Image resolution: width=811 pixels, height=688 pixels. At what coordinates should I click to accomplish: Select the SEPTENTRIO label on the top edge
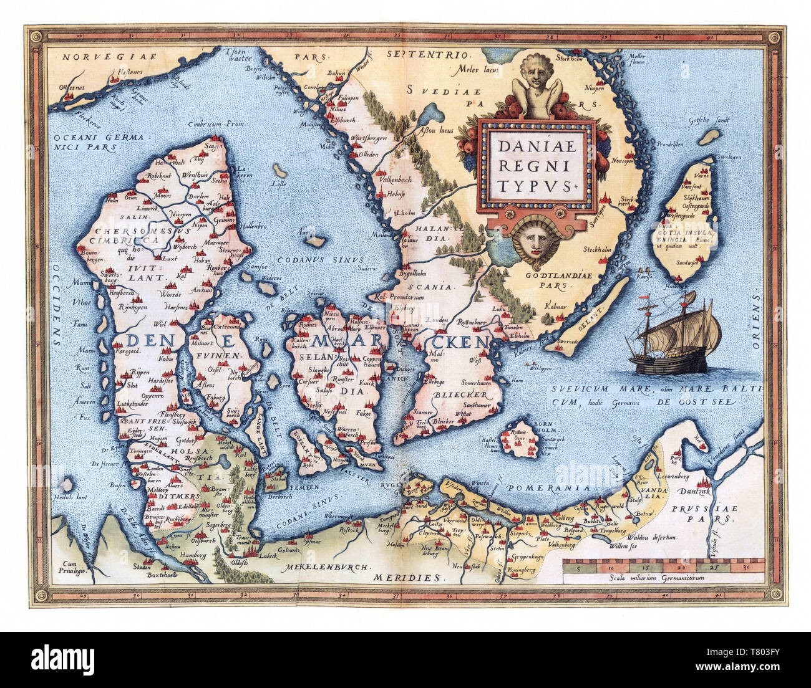pos(415,55)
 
